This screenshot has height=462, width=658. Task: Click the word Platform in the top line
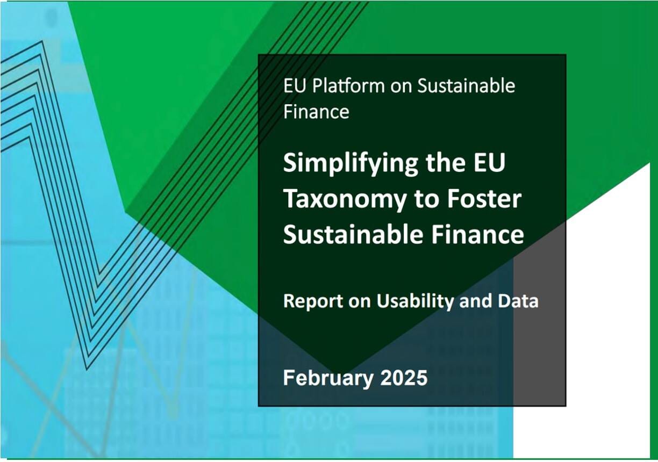pyautogui.click(x=348, y=86)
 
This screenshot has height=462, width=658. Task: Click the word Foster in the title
pyautogui.click(x=484, y=199)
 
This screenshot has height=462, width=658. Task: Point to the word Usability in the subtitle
pyautogui.click(x=415, y=301)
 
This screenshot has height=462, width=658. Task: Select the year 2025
pyautogui.click(x=404, y=378)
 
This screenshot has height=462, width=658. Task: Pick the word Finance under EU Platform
pyautogui.click(x=316, y=112)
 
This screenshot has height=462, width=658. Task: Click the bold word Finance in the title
pyautogui.click(x=477, y=235)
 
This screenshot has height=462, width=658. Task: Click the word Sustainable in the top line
pyautogui.click(x=466, y=86)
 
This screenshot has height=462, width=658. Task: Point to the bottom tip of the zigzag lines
pyautogui.click(x=87, y=369)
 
